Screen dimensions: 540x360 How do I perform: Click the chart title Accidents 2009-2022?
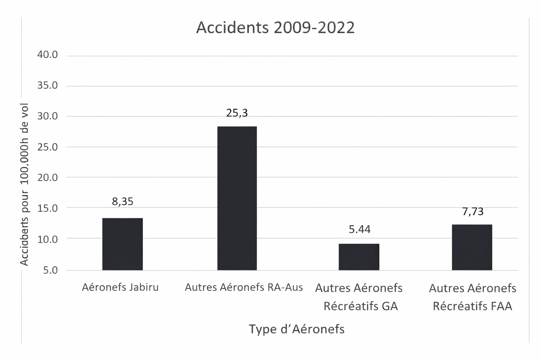[275, 27]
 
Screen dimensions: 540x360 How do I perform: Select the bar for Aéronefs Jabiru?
[122, 244]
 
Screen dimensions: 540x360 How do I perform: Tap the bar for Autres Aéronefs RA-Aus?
[237, 198]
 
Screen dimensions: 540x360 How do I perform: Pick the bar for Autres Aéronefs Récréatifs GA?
[359, 257]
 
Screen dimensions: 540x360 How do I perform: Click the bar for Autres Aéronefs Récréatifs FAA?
[472, 247]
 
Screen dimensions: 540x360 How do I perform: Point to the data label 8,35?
[122, 201]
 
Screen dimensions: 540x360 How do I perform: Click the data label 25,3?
[237, 113]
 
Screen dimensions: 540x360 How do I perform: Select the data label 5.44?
[359, 229]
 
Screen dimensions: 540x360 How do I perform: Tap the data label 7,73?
[472, 212]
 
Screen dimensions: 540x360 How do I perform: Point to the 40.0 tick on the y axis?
[47, 55]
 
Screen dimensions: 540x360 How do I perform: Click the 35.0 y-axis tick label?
[47, 85]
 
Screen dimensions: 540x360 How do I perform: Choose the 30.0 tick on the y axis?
[47, 116]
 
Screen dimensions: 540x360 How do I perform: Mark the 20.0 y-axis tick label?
[47, 178]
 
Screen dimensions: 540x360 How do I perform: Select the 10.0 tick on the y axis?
[47, 239]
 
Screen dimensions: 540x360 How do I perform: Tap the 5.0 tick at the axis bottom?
[50, 270]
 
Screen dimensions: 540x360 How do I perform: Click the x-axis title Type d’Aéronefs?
[296, 329]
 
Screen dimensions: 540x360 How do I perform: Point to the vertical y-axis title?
[24, 185]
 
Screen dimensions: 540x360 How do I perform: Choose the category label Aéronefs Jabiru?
[120, 287]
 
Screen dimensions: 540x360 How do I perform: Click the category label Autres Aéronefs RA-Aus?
[244, 287]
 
